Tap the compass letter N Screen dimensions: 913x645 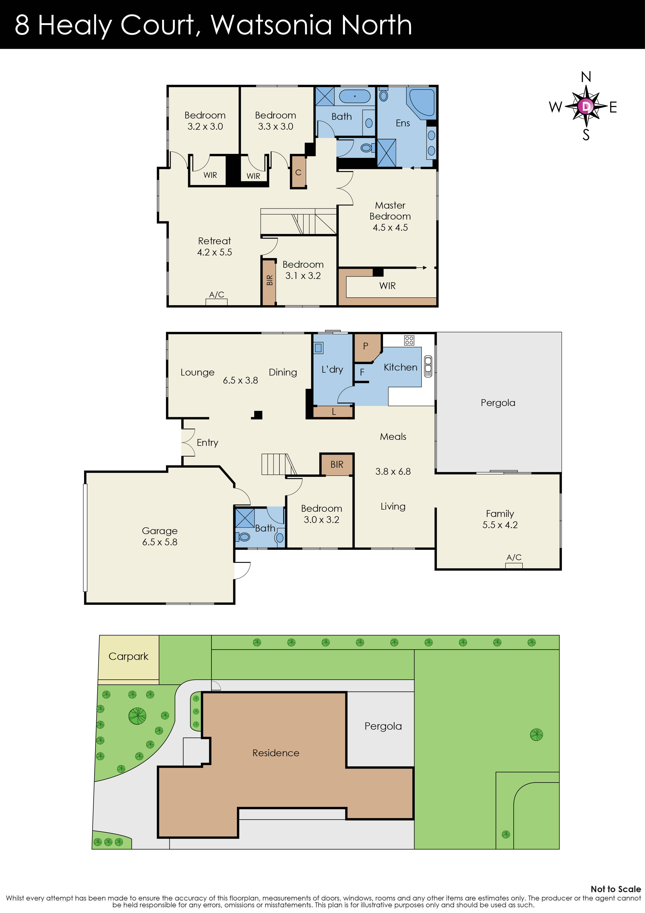tap(586, 77)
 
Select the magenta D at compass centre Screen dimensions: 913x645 tap(586, 106)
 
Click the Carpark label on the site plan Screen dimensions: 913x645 tap(128, 656)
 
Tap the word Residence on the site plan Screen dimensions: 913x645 tap(276, 753)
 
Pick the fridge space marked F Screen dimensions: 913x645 tap(362, 372)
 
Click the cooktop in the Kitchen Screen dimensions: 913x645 tap(409, 340)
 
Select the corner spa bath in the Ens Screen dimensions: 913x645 tap(423, 102)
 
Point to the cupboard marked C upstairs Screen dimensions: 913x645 tap(298, 172)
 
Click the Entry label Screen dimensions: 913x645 tap(207, 443)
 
